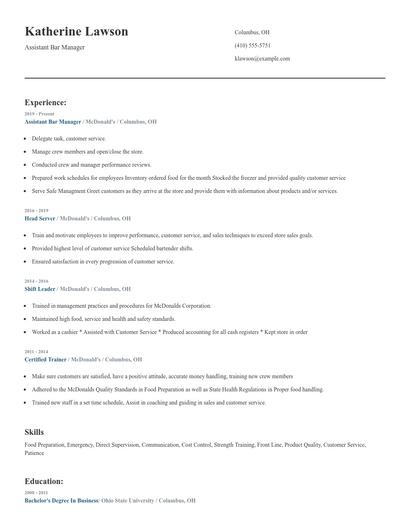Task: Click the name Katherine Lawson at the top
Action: pos(76,31)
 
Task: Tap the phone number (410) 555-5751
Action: pos(252,45)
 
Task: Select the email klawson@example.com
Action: pos(262,59)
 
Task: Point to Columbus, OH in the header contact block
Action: pos(253,31)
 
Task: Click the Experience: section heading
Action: pos(46,102)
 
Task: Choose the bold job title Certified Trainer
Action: pos(46,358)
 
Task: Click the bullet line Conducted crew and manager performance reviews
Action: pos(91,164)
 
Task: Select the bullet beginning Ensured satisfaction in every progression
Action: pos(103,261)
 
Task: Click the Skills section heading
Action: pos(34,431)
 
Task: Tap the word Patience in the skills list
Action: pos(36,454)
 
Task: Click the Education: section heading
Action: pos(45,481)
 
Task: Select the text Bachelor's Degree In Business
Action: pos(59,500)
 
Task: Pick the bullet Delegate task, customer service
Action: pos(68,138)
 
